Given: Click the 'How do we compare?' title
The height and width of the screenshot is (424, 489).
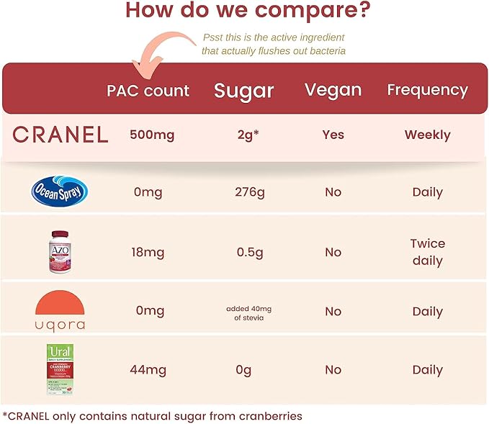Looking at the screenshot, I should [x=248, y=12].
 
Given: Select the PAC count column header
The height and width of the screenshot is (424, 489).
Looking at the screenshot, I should [x=148, y=91].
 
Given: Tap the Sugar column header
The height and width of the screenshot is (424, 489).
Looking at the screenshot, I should [x=244, y=91].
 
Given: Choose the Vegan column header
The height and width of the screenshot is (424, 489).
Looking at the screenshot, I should [x=333, y=90].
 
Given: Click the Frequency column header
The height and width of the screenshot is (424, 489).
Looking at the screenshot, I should [x=427, y=90].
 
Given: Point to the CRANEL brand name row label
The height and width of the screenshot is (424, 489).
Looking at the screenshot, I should [x=60, y=135].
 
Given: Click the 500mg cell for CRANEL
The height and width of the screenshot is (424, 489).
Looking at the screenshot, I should [x=152, y=135].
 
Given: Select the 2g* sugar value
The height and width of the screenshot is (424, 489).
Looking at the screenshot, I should [x=246, y=135].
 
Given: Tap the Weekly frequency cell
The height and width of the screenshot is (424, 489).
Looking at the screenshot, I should [x=427, y=135].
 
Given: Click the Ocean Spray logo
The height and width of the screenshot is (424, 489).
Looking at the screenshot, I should [x=60, y=192].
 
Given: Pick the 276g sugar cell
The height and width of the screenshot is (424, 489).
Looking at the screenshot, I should [x=246, y=192].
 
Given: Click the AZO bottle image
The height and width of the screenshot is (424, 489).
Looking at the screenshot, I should [x=60, y=252].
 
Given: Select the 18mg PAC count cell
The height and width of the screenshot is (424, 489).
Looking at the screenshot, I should [x=149, y=253].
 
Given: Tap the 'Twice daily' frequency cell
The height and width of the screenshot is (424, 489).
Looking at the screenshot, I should [x=427, y=252].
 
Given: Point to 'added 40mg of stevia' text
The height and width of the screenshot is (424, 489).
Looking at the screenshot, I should [x=246, y=312].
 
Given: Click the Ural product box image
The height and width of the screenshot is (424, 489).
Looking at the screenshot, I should [x=60, y=369].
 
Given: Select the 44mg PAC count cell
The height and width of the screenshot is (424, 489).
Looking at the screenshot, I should [x=149, y=370].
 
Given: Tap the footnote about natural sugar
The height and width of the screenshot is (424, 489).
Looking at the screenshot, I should [x=152, y=415].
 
